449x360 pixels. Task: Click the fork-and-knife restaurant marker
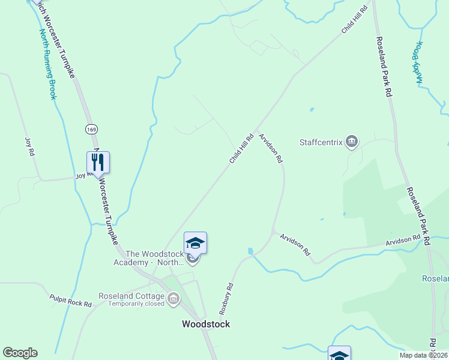(98, 162)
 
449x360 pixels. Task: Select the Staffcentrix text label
(321, 143)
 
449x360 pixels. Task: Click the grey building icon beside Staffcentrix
(352, 142)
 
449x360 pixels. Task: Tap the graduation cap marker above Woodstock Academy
(195, 243)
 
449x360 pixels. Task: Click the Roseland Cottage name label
(132, 296)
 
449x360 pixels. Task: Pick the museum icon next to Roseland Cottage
(173, 298)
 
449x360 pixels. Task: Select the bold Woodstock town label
(206, 324)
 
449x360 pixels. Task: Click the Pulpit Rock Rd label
(70, 301)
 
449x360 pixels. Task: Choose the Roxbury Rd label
(225, 299)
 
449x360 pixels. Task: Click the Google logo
(20, 353)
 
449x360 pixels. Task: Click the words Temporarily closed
(136, 304)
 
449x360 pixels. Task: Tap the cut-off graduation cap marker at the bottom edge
(339, 354)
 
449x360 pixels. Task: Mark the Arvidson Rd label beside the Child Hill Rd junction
(271, 148)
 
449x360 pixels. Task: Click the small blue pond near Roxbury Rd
(250, 251)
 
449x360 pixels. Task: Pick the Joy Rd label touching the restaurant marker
(81, 176)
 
